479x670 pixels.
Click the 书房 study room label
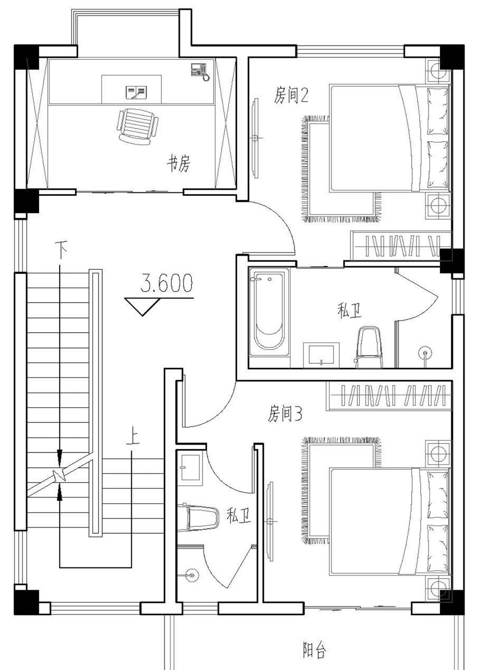[179, 163]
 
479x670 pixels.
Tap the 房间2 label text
[291, 95]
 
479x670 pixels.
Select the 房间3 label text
[285, 414]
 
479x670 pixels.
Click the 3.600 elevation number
[167, 283]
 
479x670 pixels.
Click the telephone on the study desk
[199, 71]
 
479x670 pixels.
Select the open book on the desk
[136, 92]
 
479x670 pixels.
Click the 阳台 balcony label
[314, 650]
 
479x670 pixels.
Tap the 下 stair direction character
[61, 249]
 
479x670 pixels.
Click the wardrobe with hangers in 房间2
[400, 246]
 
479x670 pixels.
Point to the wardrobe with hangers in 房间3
[389, 396]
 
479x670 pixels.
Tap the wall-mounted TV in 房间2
[256, 138]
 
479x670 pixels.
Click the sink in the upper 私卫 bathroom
[321, 354]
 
